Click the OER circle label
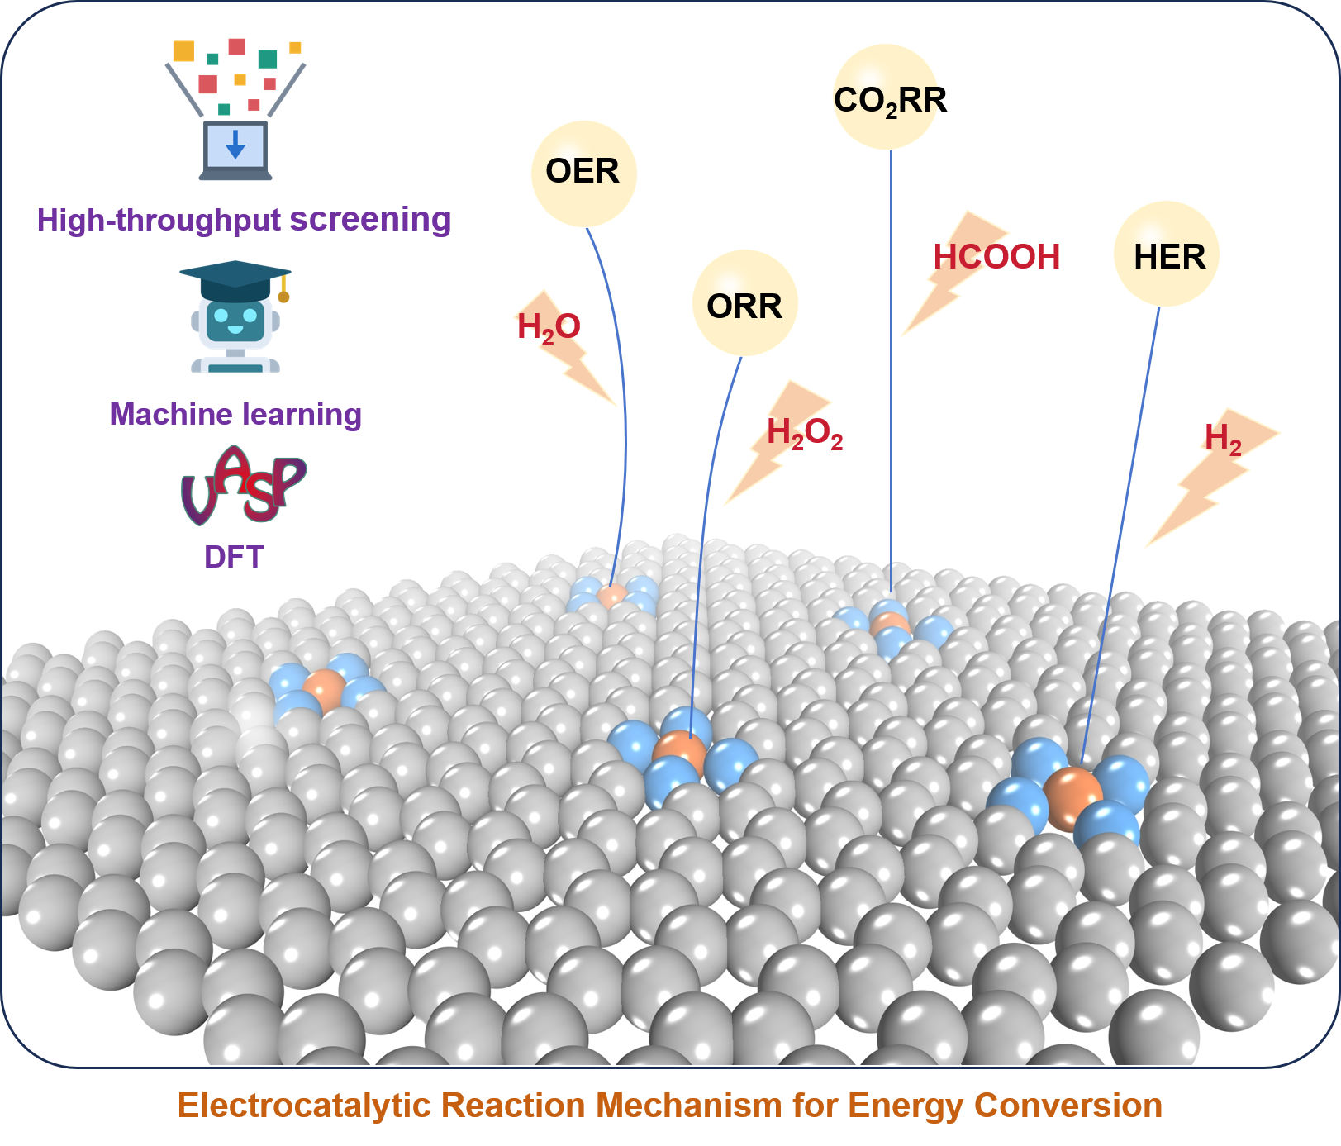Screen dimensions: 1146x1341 (x=583, y=173)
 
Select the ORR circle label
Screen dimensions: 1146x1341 (x=744, y=304)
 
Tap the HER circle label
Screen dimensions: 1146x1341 (x=1167, y=254)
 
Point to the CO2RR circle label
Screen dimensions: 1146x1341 (x=885, y=97)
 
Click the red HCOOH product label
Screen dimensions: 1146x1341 (x=997, y=256)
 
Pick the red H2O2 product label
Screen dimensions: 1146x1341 (x=804, y=432)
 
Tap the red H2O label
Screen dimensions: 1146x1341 (x=548, y=327)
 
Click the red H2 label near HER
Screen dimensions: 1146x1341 (x=1223, y=438)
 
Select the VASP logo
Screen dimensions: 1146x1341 (x=243, y=486)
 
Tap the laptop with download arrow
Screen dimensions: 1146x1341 (x=235, y=149)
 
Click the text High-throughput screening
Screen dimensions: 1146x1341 (x=244, y=220)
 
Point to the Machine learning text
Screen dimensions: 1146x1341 (x=235, y=414)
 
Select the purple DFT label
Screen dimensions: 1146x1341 (x=234, y=557)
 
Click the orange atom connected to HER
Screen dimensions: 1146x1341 (x=1072, y=796)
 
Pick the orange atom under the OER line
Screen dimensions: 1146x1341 (x=612, y=595)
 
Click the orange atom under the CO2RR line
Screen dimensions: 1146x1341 (x=890, y=624)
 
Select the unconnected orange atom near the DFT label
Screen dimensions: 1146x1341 (x=325, y=690)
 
